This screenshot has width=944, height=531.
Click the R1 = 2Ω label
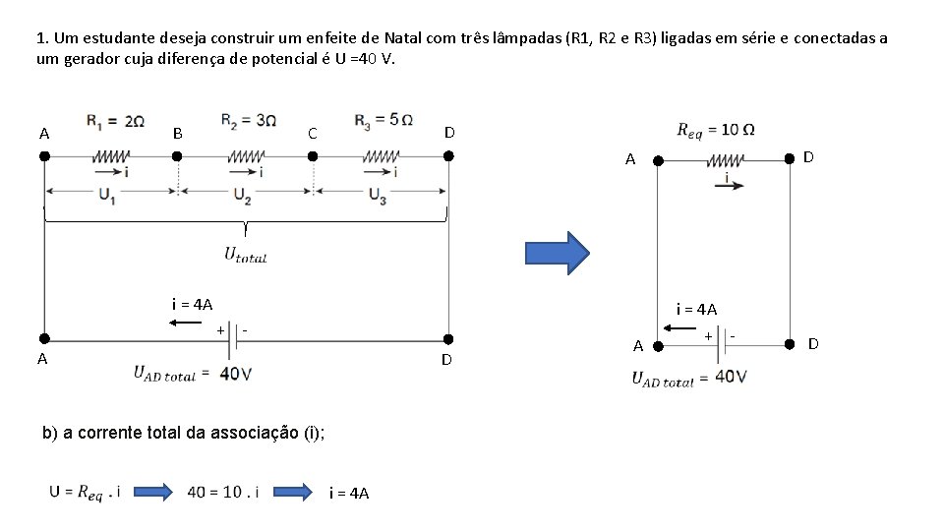coord(117,122)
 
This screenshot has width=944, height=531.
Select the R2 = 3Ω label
coord(249,121)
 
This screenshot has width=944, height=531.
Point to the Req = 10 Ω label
coord(716,130)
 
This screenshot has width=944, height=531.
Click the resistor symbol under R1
coord(112,155)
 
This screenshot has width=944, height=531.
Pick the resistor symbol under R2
coord(246,155)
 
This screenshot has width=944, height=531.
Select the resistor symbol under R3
coord(381,155)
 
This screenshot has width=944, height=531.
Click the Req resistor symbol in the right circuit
coord(725,159)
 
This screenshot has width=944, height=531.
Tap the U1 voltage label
coord(107,195)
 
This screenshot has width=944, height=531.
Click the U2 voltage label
coord(242,196)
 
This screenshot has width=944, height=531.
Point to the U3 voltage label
coord(378,195)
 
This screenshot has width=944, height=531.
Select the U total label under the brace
coord(245,255)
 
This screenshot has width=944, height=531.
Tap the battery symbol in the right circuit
coord(725,339)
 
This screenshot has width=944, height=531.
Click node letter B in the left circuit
coord(177,133)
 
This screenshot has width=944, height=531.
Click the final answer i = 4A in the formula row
coord(349,493)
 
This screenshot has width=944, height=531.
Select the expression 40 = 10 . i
coord(222,491)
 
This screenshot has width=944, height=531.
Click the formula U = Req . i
coord(85,491)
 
